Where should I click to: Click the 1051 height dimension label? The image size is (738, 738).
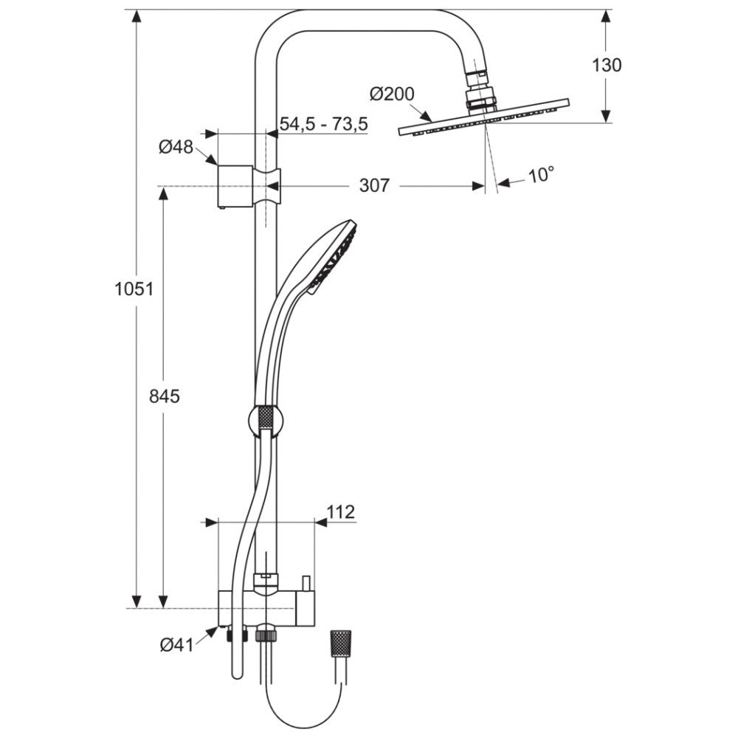[x=134, y=289]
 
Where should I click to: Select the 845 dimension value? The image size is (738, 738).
[x=165, y=396]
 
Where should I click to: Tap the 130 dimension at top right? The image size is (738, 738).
[x=607, y=65]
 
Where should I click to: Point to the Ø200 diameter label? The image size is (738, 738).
[x=392, y=94]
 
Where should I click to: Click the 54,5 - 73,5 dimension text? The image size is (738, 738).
[x=323, y=124]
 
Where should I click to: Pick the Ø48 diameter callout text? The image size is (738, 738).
[x=176, y=147]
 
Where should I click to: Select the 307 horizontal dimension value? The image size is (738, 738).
[x=374, y=185]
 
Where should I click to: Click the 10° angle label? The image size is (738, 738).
[x=541, y=175]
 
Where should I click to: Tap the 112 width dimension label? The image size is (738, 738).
[x=341, y=511]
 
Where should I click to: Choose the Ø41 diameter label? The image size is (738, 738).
[x=177, y=644]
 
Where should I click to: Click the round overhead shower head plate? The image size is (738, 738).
[x=484, y=117]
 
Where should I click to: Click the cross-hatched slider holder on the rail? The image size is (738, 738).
[x=266, y=420]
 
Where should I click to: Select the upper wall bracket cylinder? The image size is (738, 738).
[x=235, y=187]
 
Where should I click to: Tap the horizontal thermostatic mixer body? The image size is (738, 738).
[x=266, y=609]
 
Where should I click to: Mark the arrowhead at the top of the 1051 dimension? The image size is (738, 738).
[x=137, y=16]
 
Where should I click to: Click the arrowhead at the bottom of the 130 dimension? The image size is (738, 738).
[x=606, y=117]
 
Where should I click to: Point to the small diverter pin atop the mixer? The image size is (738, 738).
[x=306, y=583]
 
